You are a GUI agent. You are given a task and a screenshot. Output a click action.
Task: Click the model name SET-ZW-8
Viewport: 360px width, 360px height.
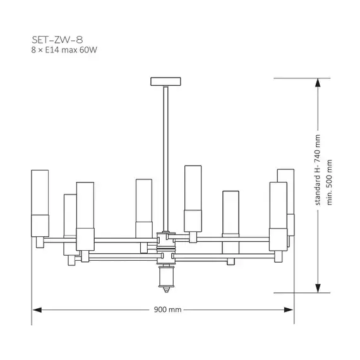57,40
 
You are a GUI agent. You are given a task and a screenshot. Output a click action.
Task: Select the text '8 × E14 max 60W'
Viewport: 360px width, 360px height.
64,50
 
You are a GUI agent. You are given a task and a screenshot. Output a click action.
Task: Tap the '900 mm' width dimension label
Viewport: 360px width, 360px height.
167,309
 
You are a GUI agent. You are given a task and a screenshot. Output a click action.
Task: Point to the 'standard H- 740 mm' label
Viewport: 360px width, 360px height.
318,170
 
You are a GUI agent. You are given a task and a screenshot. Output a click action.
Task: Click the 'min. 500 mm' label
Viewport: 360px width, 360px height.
329,182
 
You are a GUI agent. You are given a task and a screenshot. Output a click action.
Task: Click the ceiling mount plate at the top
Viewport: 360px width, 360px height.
165,81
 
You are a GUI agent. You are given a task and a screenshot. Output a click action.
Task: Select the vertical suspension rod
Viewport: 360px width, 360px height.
165,159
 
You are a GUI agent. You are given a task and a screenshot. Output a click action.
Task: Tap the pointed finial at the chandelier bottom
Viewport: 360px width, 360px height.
165,289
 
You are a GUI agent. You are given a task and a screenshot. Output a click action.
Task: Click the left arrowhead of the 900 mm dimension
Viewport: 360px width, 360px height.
37,309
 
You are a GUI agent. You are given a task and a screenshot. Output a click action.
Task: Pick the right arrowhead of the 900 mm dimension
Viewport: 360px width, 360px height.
289,309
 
